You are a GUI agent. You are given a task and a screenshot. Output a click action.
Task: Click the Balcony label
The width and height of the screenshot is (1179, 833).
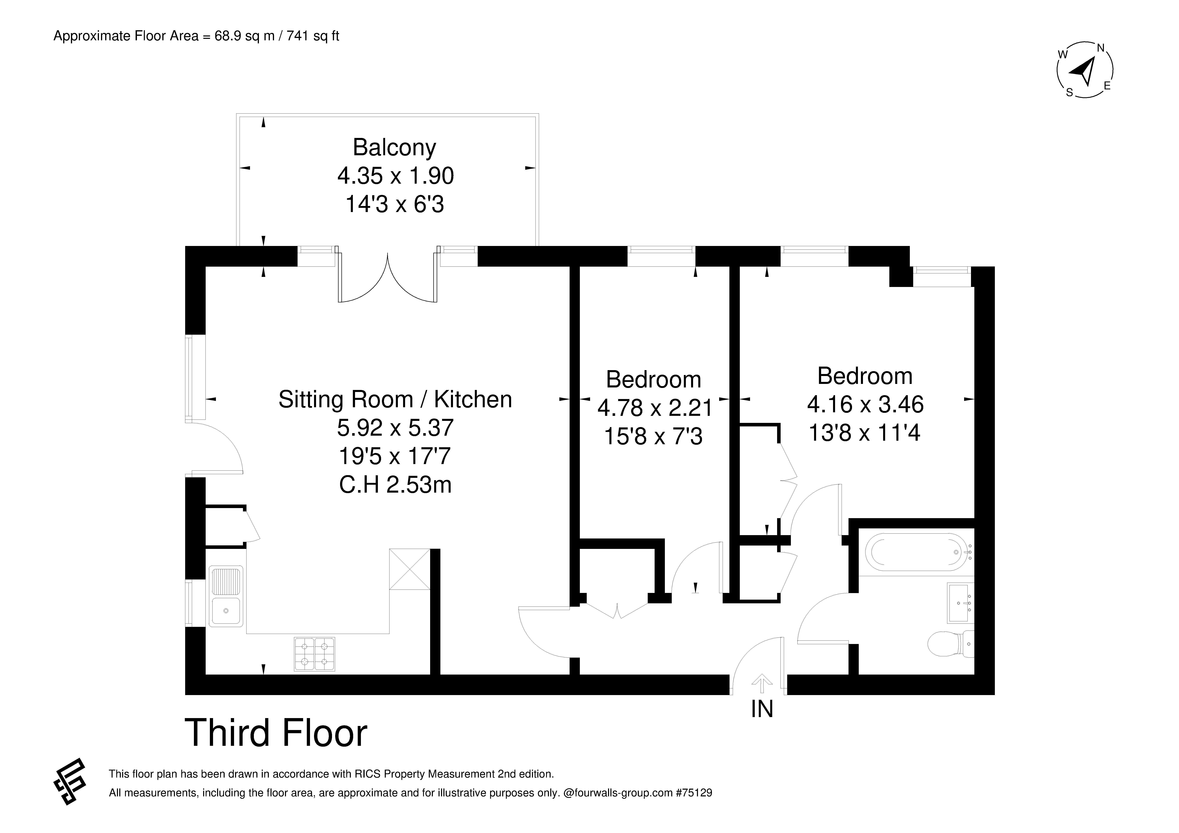tap(394, 148)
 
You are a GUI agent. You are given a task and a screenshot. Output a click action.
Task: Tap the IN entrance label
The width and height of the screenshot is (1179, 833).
tap(762, 709)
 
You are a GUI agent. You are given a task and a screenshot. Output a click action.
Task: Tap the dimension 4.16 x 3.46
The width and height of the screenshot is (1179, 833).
tap(865, 405)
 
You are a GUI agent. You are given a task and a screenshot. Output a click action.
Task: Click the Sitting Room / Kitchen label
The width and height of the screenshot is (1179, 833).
tap(395, 400)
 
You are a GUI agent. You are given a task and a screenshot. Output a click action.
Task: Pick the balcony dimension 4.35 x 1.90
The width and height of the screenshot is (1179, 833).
tap(395, 176)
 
